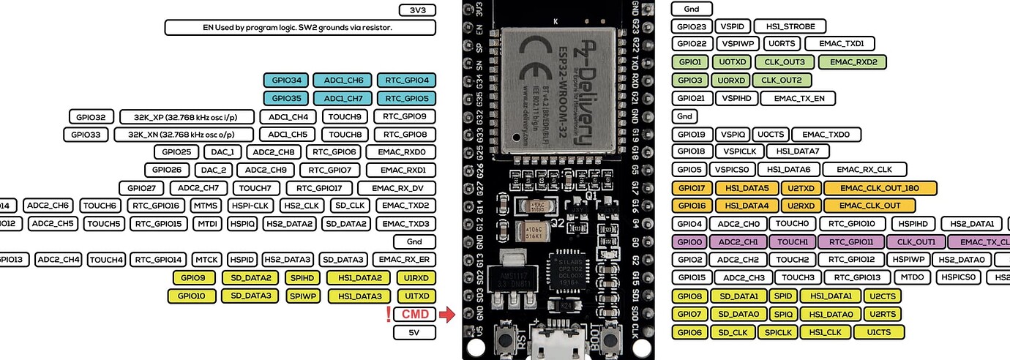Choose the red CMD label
pyautogui.click(x=415, y=315)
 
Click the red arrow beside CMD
pyautogui.click(x=448, y=315)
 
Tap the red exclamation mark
pyautogui.click(x=388, y=315)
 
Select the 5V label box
pyautogui.click(x=415, y=332)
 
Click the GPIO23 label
pyautogui.click(x=691, y=26)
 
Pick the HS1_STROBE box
pyautogui.click(x=790, y=26)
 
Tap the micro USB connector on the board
pyautogui.click(x=548, y=344)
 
